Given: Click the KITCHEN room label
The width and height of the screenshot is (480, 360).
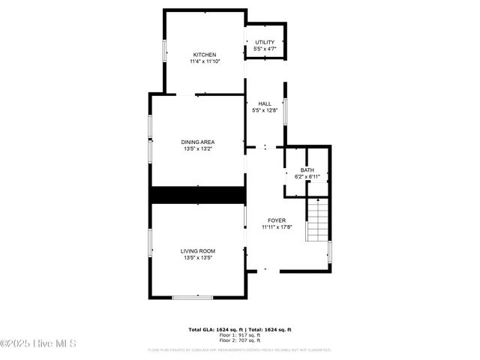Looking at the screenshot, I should pos(205,55).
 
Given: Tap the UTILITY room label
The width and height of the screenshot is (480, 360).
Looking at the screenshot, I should pos(265,42).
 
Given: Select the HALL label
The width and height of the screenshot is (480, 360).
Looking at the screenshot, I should pos(265,103).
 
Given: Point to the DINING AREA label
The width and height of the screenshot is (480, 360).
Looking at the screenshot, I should pos(198,142).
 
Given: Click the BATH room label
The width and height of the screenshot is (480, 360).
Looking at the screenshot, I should pos(307,170).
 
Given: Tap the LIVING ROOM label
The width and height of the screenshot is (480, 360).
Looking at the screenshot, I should pos(198,250).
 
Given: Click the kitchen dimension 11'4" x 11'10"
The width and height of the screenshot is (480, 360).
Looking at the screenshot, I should pos(205,61).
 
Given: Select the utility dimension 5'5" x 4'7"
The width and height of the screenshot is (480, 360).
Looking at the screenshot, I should pos(265,49).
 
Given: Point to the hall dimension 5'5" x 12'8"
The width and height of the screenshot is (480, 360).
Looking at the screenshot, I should pos(265,110).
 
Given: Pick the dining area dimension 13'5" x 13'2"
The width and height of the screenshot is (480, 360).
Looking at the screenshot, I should pos(198,148).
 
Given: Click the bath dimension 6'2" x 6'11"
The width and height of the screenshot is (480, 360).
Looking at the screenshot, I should pos(307,176).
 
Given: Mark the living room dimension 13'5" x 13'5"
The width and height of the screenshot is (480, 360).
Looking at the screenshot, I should pos(198,257).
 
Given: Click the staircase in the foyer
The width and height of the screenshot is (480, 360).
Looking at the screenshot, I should pos(318,219).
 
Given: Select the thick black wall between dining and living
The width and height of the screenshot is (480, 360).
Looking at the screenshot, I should pos(198,195).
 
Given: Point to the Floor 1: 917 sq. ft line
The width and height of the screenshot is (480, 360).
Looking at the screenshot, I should pos(240,334).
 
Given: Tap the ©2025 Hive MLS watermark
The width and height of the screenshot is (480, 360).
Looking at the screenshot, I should pos(39,344).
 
